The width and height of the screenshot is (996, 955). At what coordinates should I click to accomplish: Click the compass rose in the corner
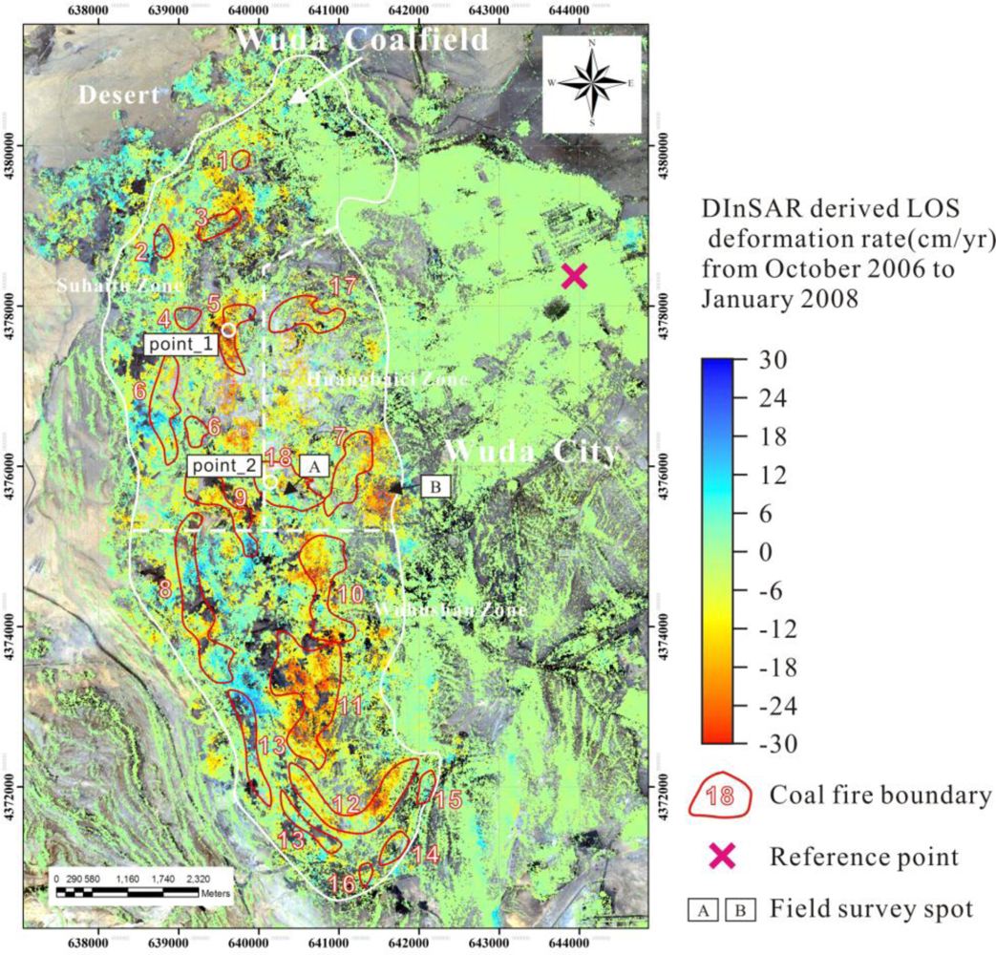592,83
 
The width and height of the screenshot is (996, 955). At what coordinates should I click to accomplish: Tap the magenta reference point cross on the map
574,276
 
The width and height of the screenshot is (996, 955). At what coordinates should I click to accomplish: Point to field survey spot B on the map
435,487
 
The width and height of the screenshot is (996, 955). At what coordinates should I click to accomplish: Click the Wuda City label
530,452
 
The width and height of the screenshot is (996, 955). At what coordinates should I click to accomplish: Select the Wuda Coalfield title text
362,40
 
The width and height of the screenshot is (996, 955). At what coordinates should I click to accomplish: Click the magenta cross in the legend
722,857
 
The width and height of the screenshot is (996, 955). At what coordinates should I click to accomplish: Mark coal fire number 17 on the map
342,286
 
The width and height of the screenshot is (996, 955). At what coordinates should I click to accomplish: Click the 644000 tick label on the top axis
567,11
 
